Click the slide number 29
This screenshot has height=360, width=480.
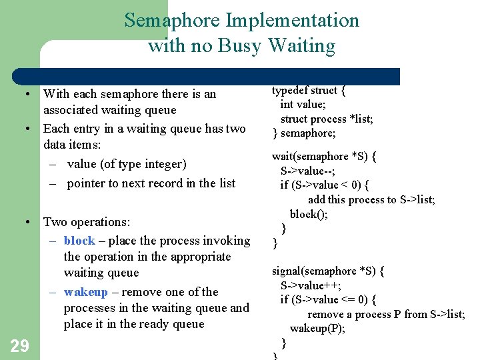click(19, 345)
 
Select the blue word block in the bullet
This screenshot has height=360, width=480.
click(79, 241)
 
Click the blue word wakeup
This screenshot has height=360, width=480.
click(85, 292)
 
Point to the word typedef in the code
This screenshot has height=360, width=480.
click(292, 91)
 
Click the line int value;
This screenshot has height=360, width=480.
click(303, 105)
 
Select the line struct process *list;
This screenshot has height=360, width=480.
click(326, 119)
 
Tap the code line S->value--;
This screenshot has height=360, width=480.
click(309, 171)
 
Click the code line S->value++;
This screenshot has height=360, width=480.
click(311, 285)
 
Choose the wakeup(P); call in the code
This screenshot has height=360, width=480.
click(317, 329)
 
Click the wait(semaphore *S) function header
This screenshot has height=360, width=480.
click(324, 157)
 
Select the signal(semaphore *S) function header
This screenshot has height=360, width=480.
click(327, 271)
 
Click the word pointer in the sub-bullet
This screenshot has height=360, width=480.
click(88, 183)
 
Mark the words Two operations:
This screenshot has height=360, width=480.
click(87, 222)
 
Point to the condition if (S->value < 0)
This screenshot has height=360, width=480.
click(325, 185)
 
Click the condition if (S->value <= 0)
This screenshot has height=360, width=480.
click(328, 299)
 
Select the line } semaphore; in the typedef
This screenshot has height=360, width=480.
click(304, 133)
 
